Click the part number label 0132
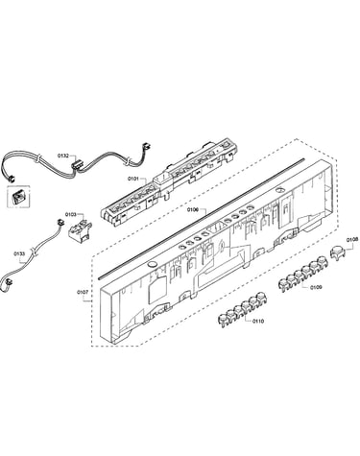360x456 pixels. click(63, 156)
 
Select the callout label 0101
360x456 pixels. click(133, 179)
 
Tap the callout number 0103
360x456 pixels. click(70, 214)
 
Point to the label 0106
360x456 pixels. click(193, 209)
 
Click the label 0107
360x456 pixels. click(83, 292)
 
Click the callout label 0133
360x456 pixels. click(19, 253)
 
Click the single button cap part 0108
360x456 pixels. click(337, 253)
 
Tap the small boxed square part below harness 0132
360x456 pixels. click(17, 197)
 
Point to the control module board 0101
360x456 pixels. click(170, 181)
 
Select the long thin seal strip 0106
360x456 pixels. click(202, 217)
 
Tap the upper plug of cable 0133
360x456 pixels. click(59, 222)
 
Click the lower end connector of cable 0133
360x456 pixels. click(8, 282)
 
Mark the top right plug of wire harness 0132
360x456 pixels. click(147, 146)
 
